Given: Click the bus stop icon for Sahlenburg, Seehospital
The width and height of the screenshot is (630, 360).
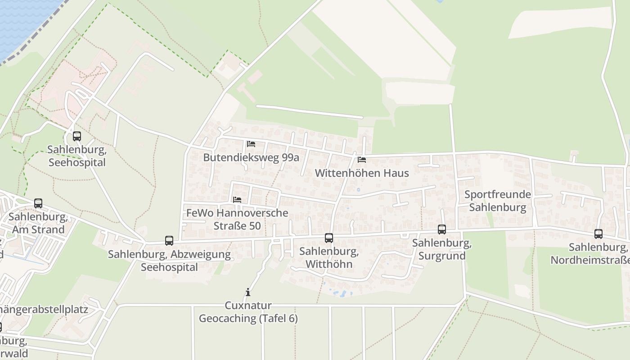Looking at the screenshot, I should pos(77,136).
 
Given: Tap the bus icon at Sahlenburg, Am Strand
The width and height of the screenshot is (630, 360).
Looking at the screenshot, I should pos(38,203).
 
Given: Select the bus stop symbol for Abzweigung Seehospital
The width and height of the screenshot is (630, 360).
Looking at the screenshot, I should pos(169,241).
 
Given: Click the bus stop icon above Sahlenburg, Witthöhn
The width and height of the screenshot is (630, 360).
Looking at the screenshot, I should pos(329,238).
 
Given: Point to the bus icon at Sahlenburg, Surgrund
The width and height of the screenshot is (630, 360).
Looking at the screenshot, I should pos(442,229).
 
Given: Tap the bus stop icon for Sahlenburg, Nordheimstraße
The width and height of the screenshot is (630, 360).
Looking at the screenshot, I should pos(598,234).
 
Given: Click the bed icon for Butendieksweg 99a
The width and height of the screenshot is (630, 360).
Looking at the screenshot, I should pos(251,144).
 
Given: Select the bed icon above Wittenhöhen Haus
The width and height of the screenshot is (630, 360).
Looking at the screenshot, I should pos(362,159).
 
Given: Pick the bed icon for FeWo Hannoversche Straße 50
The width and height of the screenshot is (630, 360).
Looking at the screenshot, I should pos(237,199).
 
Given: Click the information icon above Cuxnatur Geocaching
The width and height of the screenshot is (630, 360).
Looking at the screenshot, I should pos(247,292).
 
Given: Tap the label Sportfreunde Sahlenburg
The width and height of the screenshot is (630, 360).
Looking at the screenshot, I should pos(498,201).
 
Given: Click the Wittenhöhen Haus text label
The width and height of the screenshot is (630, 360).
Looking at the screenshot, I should pos(362,173).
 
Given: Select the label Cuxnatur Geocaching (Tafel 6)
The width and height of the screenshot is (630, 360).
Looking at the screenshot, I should pos(248,312).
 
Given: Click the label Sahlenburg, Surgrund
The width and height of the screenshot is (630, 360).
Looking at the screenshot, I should pos(442,250).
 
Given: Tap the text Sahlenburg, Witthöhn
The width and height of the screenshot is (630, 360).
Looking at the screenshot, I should pos(329,257).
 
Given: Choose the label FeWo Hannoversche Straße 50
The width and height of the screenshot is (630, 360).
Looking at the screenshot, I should pos(237,219).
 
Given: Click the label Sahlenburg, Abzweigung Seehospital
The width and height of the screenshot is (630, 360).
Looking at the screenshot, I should pos(169,261).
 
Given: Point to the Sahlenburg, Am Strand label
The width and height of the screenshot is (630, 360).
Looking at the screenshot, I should pos(38,223).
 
